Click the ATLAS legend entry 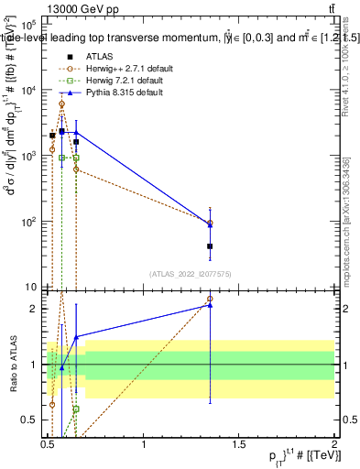tap(98, 57)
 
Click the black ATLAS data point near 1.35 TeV tap(210, 245)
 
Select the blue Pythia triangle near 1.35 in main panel tap(210, 224)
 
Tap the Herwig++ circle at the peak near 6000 tap(61, 104)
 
